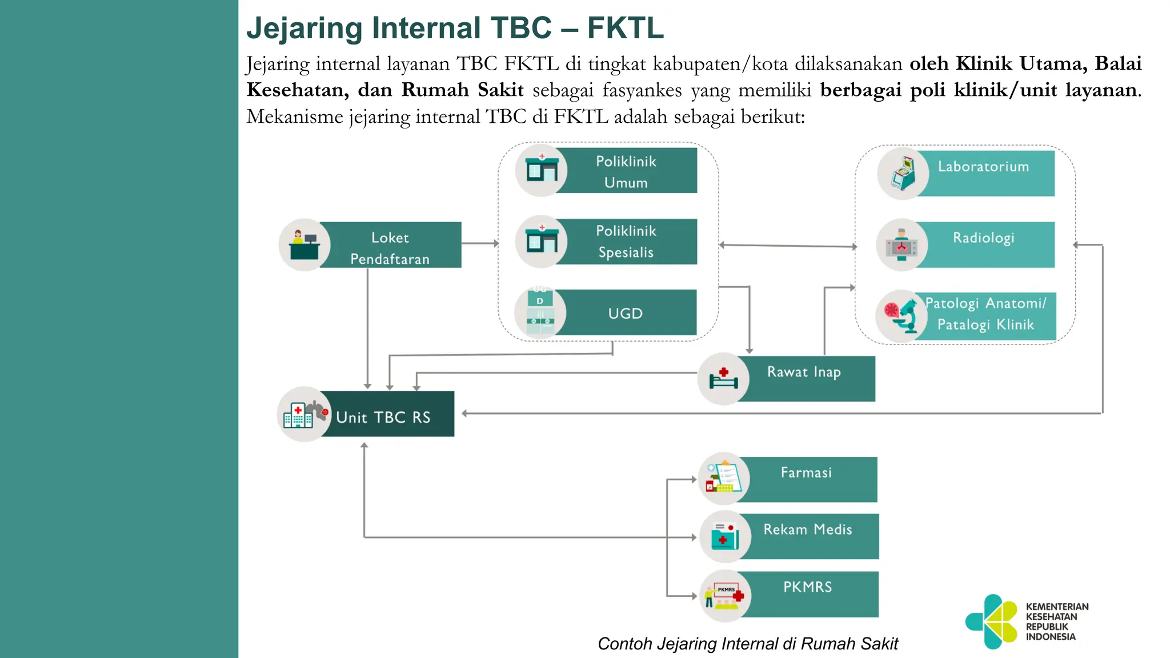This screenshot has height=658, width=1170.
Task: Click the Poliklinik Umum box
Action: pyautogui.click(x=626, y=171)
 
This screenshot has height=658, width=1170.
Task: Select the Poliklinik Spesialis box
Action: pyautogui.click(x=626, y=242)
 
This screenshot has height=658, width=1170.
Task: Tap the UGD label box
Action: pyautogui.click(x=626, y=313)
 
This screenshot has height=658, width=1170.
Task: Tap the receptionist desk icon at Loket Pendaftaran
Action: pyautogui.click(x=304, y=245)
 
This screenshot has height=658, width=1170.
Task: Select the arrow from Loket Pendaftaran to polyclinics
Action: pyautogui.click(x=479, y=243)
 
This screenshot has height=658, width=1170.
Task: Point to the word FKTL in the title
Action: pyautogui.click(x=625, y=27)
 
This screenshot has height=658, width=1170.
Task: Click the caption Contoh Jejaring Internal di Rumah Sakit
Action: pyautogui.click(x=747, y=644)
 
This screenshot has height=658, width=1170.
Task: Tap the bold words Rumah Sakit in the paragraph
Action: pyautogui.click(x=462, y=90)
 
